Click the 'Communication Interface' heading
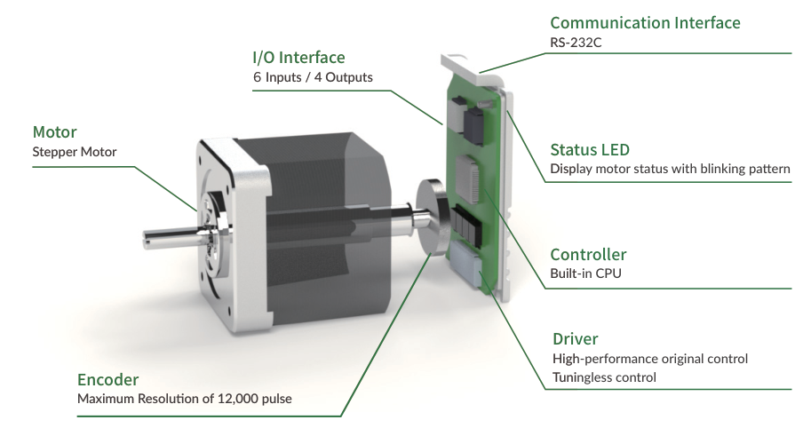click(x=645, y=23)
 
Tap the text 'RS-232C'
click(x=576, y=43)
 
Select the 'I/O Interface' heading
click(x=298, y=58)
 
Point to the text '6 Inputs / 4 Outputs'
click(x=313, y=77)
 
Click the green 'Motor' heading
click(x=54, y=132)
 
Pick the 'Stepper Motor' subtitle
click(x=75, y=152)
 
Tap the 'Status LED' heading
click(x=590, y=150)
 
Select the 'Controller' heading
click(x=588, y=255)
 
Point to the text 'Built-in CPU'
click(x=585, y=273)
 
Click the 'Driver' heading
click(x=575, y=339)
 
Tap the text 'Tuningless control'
click(x=604, y=377)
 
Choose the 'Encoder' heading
click(x=107, y=380)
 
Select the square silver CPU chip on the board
click(x=468, y=178)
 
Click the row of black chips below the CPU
click(x=466, y=226)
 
